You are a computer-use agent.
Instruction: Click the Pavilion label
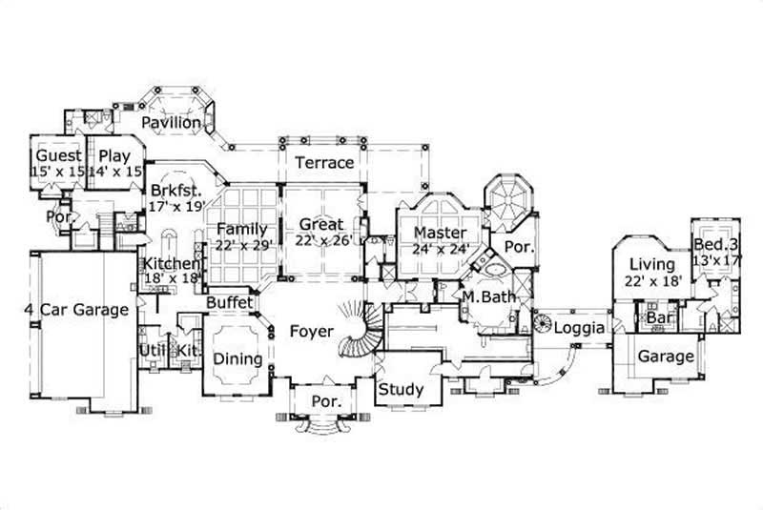(172, 123)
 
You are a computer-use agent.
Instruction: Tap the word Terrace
(323, 163)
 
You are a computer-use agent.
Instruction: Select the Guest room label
(57, 155)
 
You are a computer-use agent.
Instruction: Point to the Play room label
(114, 155)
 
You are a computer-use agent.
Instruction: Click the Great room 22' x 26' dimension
(323, 240)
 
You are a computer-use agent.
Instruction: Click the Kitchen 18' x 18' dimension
(172, 278)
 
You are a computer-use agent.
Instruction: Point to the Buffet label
(230, 302)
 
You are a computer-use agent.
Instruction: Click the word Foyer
(311, 332)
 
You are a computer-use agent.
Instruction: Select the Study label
(401, 390)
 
